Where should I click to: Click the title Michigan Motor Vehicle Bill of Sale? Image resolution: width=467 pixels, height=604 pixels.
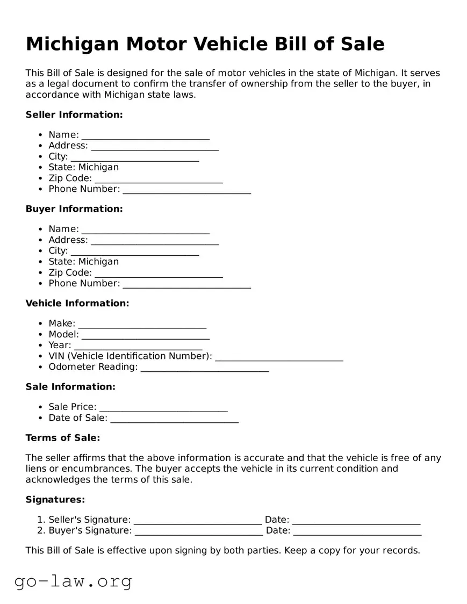coord(205,44)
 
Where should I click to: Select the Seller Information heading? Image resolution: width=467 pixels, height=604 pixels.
coord(74,114)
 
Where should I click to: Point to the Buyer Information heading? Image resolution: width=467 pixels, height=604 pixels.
coord(74,208)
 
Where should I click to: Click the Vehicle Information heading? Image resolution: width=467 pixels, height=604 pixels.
coord(77,303)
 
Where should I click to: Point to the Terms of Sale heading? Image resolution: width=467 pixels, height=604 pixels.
coord(63,437)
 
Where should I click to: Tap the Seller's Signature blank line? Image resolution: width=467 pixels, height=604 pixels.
coord(197,521)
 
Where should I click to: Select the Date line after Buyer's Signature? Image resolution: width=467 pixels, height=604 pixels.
coord(357,531)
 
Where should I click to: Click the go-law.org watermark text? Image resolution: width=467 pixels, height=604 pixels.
coord(73,581)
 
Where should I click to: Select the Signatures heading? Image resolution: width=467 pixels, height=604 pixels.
coord(55,499)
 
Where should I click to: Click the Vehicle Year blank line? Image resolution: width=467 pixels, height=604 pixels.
coord(138,346)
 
